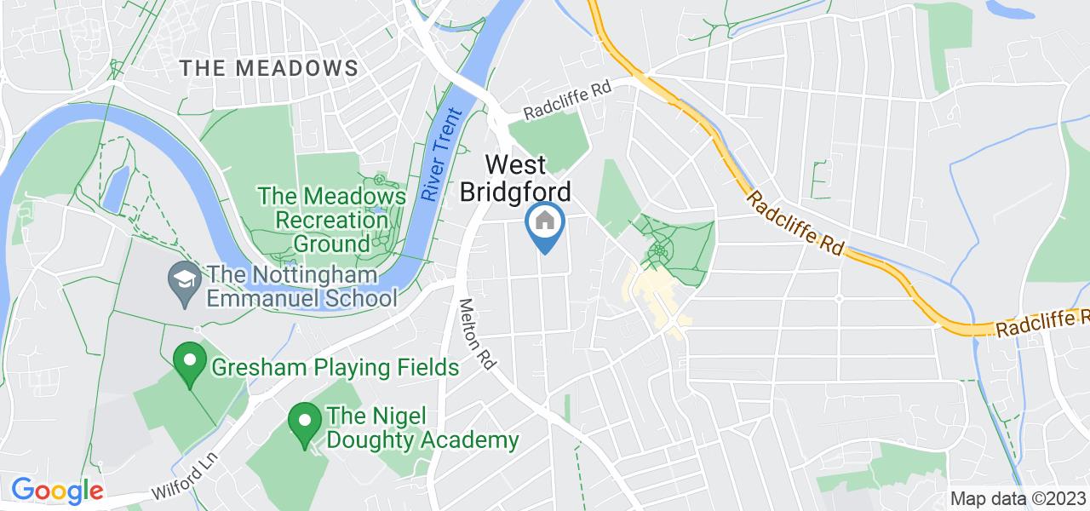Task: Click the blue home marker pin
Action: (x=545, y=223)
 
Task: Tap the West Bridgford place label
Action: (x=515, y=177)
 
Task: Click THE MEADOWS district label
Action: (x=269, y=68)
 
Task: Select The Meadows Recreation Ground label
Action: (x=332, y=220)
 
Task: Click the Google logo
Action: (x=57, y=491)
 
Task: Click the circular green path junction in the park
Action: (x=658, y=252)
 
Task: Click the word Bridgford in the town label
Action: (x=515, y=191)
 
